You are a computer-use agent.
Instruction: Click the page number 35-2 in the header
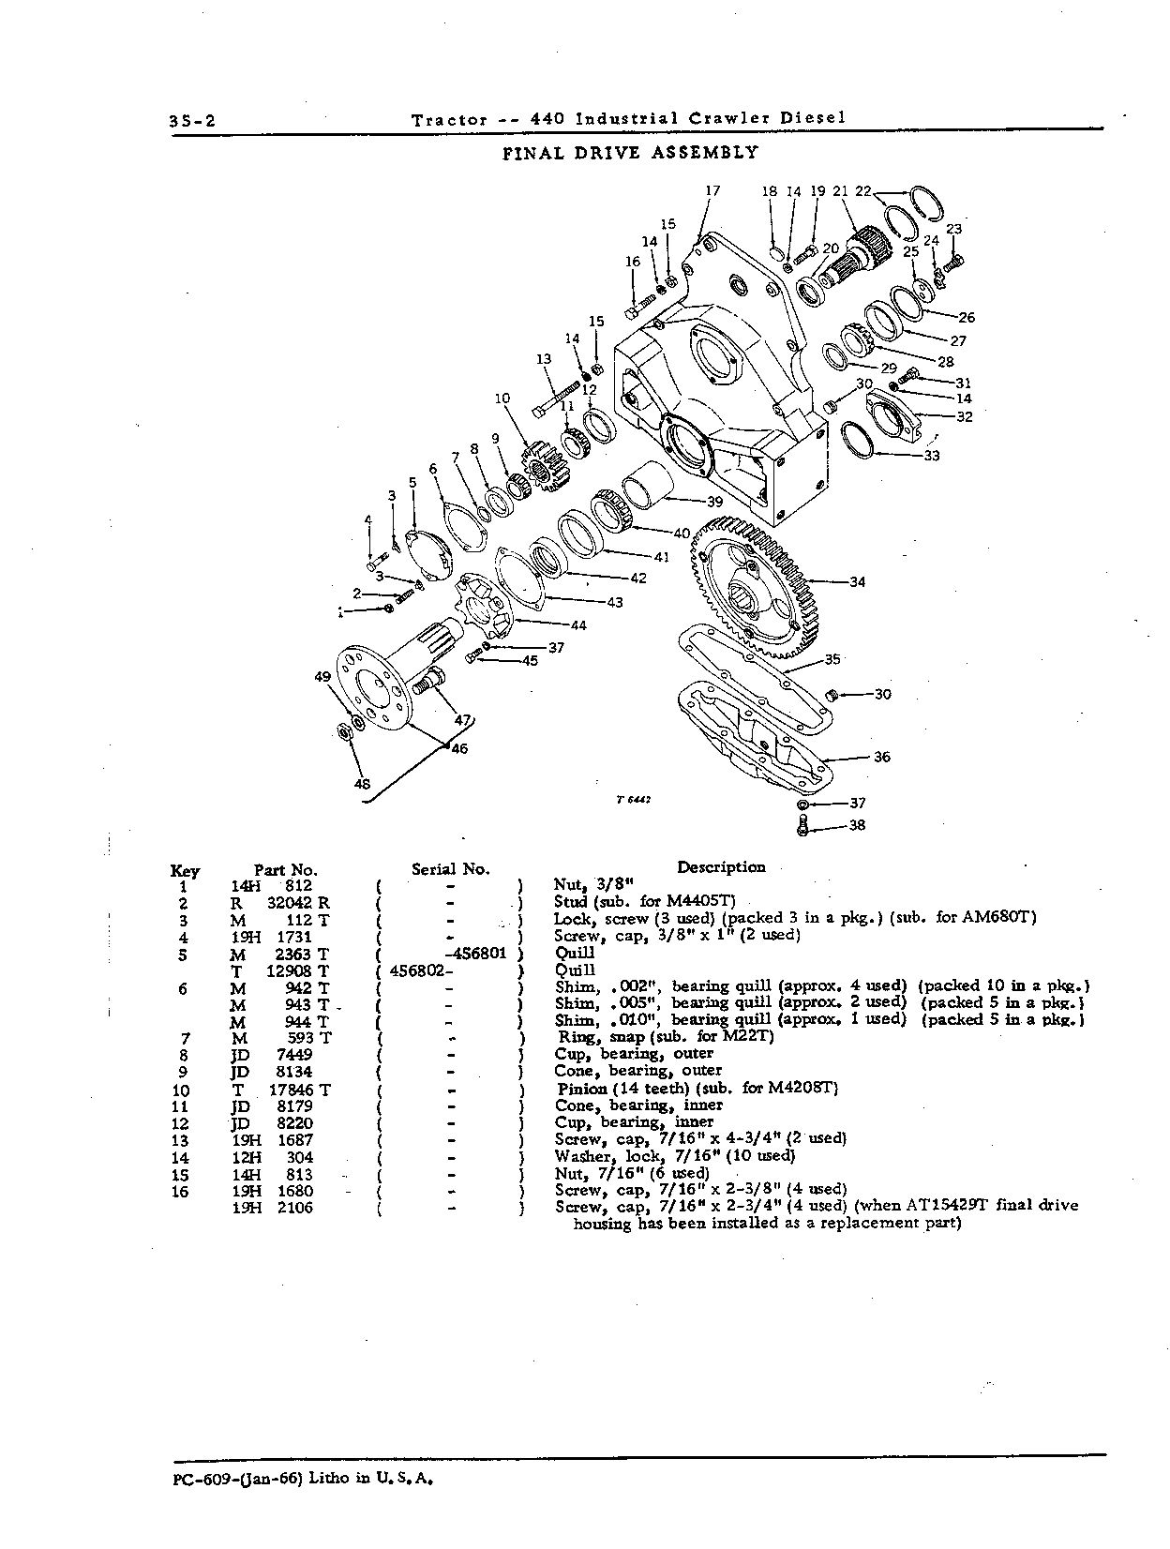192,121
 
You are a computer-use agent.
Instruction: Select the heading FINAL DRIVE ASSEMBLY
630,153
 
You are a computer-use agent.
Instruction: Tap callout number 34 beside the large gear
857,582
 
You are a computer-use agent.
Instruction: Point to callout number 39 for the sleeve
714,502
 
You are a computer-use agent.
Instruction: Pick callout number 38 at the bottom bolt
857,825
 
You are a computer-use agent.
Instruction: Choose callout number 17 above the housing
712,189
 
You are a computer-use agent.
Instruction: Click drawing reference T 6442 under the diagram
633,800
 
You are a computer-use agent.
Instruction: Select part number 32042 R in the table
297,903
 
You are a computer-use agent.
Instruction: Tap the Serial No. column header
451,868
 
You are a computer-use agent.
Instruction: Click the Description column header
721,867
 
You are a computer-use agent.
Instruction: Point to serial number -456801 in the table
479,955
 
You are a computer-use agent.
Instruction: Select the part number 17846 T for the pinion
300,1090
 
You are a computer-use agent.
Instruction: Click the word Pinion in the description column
582,1089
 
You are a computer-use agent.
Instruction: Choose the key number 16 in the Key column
181,1192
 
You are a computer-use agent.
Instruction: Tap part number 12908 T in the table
297,971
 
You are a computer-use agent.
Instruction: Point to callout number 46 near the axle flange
459,749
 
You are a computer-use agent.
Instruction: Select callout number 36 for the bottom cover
881,758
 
